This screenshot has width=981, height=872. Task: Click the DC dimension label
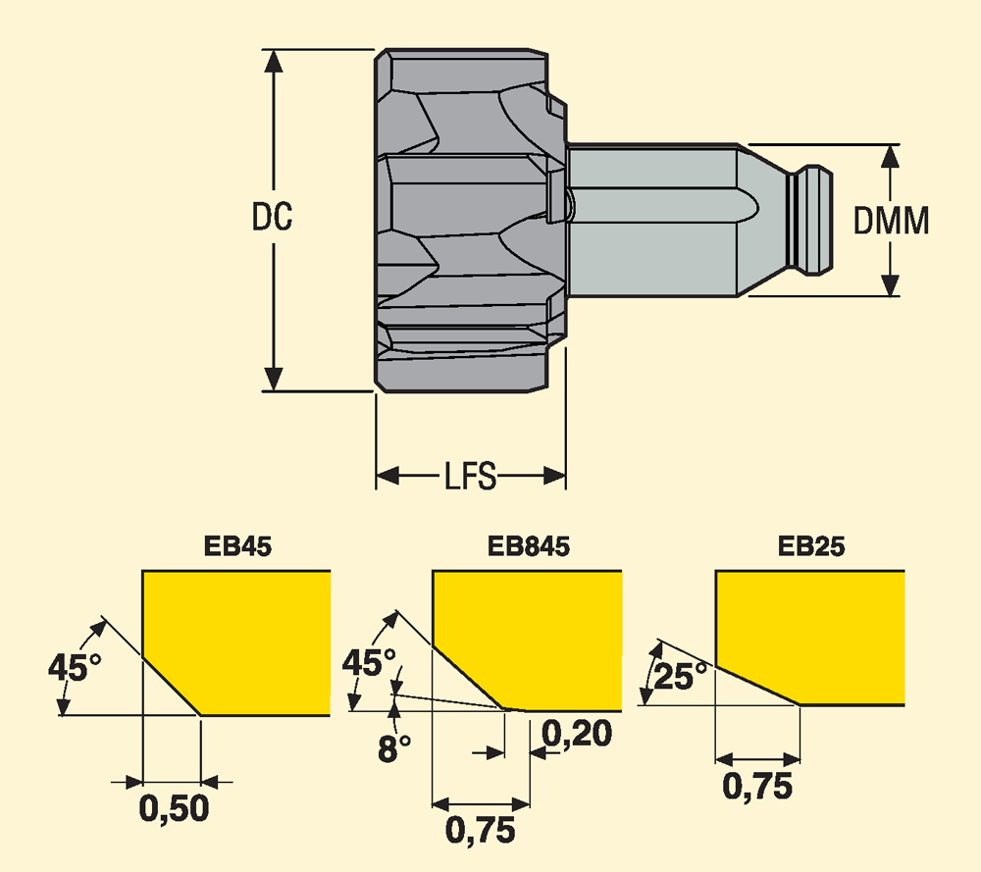click(x=272, y=218)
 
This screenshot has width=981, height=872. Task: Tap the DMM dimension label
click(x=891, y=222)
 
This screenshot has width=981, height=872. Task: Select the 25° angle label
click(x=683, y=677)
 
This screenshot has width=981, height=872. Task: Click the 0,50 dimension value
click(x=175, y=809)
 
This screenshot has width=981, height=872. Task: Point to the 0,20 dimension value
click(x=577, y=733)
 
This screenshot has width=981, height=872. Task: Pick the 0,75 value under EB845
click(x=481, y=831)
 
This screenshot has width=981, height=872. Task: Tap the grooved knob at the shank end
click(x=813, y=220)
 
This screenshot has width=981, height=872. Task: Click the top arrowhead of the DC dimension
click(x=275, y=59)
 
